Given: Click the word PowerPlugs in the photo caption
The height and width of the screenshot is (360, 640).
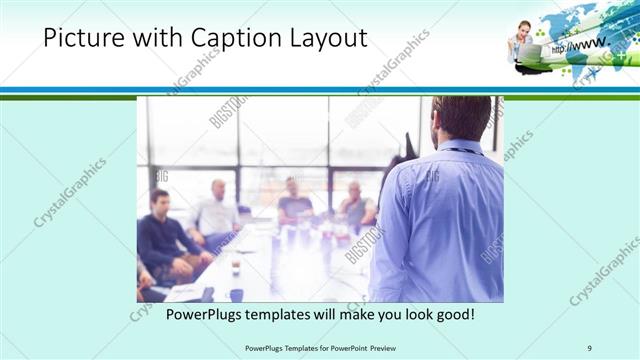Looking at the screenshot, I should [204, 315].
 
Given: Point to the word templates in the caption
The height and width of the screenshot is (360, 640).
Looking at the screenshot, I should [281, 315].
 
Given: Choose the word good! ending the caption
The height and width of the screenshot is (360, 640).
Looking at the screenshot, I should [453, 315].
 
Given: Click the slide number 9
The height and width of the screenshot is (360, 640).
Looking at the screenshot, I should [590, 347].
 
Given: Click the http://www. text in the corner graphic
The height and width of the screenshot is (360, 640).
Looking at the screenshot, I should [579, 46].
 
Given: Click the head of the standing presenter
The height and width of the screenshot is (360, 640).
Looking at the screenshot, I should [463, 118].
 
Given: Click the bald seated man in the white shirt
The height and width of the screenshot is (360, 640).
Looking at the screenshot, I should [215, 210].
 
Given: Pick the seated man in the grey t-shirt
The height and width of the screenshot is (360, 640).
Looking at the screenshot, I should [295, 200].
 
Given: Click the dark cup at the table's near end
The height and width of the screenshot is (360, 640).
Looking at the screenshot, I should [236, 294].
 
